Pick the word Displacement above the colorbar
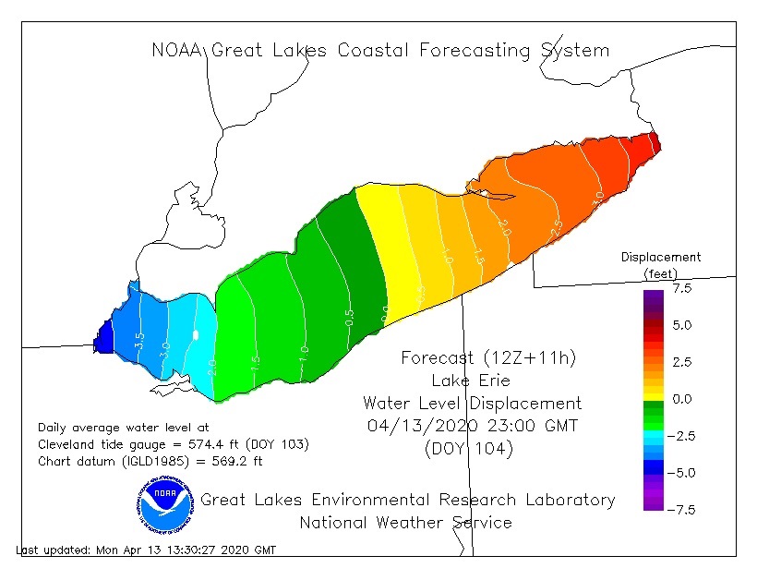[660, 257]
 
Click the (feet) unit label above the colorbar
[660, 273]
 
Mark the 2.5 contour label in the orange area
[556, 227]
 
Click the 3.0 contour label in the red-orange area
[598, 196]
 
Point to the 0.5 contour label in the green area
[349, 317]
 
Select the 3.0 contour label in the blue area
[165, 349]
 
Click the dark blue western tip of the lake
[103, 337]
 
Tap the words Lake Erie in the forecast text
[471, 381]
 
